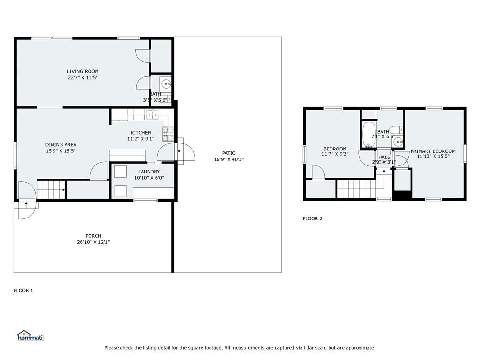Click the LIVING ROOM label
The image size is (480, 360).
point(82,71)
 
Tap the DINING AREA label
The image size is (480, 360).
point(60,145)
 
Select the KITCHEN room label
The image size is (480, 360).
point(141,133)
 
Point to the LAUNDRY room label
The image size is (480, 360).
point(149,172)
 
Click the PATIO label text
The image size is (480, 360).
point(229,153)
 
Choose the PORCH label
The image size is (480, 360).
point(93,236)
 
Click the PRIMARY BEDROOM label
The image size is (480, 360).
point(433,151)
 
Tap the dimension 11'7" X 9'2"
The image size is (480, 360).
point(335,154)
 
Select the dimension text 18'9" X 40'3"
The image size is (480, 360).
point(229,159)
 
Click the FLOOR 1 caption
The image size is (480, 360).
point(23,291)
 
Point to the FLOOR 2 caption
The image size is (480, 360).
point(312,218)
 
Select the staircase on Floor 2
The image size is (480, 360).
point(357,189)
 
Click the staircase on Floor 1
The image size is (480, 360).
point(51,190)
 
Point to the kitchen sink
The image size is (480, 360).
point(152,114)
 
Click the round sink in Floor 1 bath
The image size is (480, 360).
point(166,84)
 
